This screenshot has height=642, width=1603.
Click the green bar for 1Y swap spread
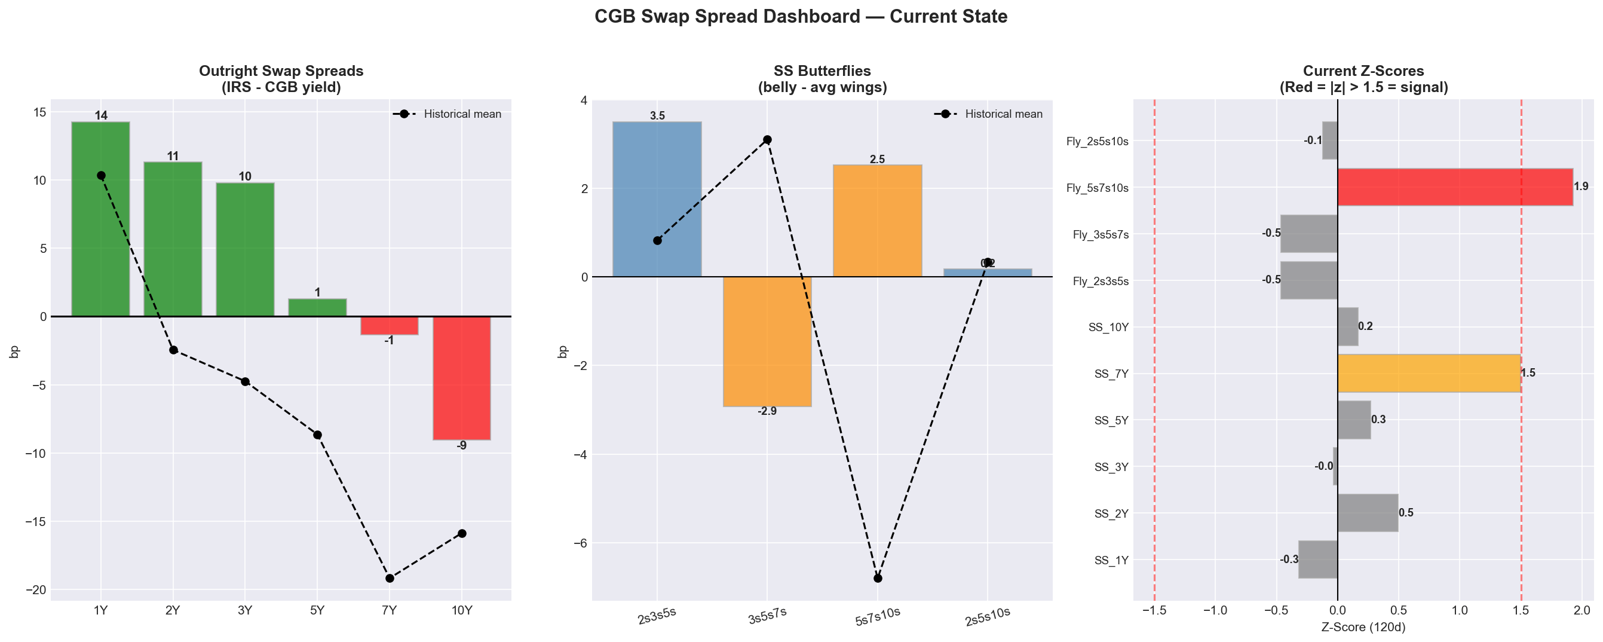tap(100, 218)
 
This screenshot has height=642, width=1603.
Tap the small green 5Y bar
tap(317, 308)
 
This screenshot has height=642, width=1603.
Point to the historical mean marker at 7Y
tap(390, 579)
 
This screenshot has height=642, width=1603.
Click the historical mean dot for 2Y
tap(173, 350)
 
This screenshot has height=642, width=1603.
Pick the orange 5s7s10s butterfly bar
tap(877, 221)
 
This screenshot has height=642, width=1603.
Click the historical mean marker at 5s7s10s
tap(878, 579)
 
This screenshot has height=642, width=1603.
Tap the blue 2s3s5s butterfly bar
tap(657, 199)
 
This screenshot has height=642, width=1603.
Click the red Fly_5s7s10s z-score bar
tap(1454, 187)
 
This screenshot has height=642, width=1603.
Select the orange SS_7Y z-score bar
tap(1428, 373)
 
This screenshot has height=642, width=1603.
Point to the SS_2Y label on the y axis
tap(1111, 513)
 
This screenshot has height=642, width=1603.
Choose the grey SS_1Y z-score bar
tap(1317, 559)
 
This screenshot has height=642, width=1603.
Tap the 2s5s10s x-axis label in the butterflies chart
tap(987, 616)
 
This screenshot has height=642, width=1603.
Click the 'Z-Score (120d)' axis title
tap(1363, 628)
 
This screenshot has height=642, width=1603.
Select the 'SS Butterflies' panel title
tap(822, 71)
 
